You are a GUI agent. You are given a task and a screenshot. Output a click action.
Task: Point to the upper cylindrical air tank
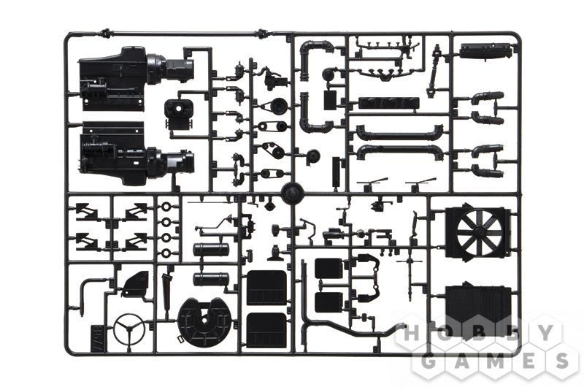tap(211, 249)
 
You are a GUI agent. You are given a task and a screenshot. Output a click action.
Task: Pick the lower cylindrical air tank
tap(211, 279)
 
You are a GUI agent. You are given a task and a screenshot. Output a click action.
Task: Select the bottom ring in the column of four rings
tap(166, 253)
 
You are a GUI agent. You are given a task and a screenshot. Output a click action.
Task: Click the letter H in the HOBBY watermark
tap(412, 333)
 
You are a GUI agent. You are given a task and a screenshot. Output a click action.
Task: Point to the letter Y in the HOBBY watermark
tap(547, 333)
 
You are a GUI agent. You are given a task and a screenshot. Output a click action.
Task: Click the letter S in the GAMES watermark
tap(560, 360)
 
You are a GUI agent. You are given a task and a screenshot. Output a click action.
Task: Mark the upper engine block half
tap(136, 78)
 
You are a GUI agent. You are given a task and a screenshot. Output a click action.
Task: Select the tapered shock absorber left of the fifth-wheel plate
tap(166, 294)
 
